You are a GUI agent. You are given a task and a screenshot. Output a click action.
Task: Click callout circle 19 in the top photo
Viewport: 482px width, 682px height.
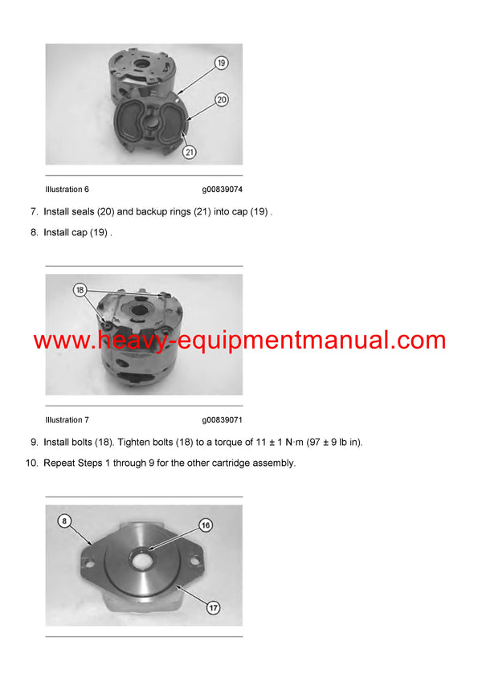click(221, 62)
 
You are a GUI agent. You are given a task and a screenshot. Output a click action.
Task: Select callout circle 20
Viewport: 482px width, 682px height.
click(221, 100)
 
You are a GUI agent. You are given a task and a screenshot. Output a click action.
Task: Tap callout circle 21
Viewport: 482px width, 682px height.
click(190, 150)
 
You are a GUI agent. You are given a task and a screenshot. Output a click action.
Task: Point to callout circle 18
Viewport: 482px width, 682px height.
click(80, 289)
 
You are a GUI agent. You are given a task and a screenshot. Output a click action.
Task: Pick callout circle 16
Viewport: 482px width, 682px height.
click(206, 525)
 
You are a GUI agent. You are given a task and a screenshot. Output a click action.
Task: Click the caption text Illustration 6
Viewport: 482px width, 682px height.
click(67, 190)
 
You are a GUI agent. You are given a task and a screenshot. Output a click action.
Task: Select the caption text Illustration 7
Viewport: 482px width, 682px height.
click(67, 420)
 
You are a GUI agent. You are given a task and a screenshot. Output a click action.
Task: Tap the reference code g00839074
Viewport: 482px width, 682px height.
click(222, 190)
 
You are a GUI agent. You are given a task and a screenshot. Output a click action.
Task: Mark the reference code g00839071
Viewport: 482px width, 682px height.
click(222, 420)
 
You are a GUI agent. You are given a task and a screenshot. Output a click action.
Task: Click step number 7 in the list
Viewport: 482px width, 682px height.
click(34, 212)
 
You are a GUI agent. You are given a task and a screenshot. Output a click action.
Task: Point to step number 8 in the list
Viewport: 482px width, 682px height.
click(34, 233)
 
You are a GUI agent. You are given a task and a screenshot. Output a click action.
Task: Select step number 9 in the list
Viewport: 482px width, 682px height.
click(34, 442)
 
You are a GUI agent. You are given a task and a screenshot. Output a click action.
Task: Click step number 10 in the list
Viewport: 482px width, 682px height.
click(31, 463)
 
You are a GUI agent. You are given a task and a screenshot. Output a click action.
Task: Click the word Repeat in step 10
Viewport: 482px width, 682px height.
click(59, 463)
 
